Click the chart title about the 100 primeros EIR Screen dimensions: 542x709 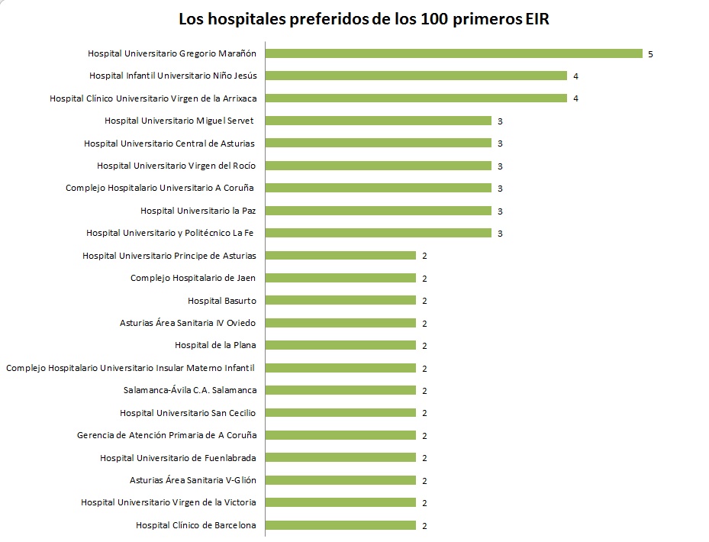point(363,20)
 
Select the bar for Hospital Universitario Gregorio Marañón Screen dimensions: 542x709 point(454,53)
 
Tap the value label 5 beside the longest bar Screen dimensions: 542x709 point(650,54)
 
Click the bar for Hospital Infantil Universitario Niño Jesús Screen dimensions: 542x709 point(416,76)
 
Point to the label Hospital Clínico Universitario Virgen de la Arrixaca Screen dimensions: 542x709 point(153,98)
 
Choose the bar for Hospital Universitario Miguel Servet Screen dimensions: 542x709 point(379,121)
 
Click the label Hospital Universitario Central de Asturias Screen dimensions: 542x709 point(169,144)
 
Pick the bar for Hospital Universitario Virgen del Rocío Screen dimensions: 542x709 point(379,166)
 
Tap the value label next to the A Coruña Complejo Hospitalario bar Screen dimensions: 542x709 point(500,189)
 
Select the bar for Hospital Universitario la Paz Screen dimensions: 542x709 point(379,211)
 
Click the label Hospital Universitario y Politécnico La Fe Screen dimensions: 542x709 point(170,233)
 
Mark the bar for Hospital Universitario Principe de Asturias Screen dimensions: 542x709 point(340,256)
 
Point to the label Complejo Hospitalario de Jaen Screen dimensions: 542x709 point(193,278)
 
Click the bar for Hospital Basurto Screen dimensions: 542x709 point(340,301)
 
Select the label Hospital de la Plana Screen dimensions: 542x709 point(215,345)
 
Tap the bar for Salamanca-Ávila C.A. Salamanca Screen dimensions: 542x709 point(340,390)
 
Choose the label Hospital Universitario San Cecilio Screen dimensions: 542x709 point(188,413)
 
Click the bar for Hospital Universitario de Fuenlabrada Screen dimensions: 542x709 point(340,457)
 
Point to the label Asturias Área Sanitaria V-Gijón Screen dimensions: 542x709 point(193,480)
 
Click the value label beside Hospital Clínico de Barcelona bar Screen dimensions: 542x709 point(424,526)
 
